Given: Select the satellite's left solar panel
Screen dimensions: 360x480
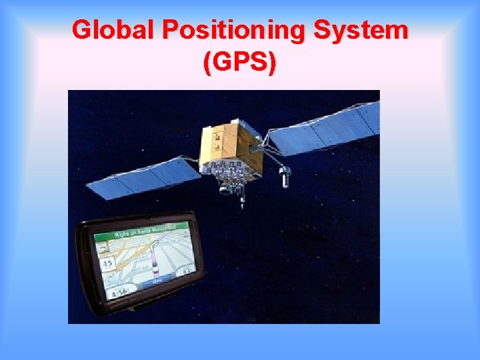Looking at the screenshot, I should coord(143,178).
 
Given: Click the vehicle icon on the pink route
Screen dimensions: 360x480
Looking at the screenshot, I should coord(155,267).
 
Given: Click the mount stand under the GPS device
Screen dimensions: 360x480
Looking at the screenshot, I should coord(153,307).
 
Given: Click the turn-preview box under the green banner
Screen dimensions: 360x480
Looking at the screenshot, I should coord(102,248).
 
